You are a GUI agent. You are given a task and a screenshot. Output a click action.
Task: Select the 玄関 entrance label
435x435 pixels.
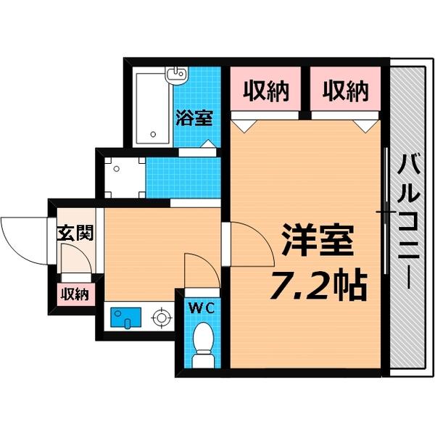point(75,233)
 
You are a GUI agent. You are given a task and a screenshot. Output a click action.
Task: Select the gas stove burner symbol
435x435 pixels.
point(160,317)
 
